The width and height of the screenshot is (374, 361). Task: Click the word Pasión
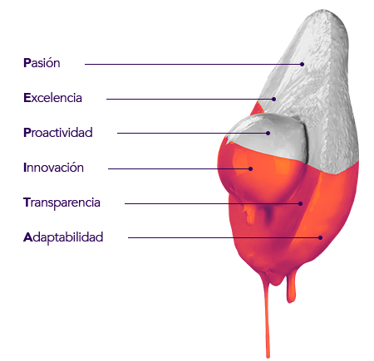pos(42,63)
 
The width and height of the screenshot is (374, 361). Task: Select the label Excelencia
pos(52,98)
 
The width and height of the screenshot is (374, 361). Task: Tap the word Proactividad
pos(58,133)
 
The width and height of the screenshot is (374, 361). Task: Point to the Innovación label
pos(53,168)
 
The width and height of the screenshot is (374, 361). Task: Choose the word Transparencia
pos(62,202)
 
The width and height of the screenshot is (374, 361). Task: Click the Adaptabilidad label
pos(63,237)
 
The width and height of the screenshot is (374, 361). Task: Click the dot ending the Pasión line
pos(302,64)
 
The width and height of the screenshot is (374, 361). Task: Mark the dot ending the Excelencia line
pos(273,99)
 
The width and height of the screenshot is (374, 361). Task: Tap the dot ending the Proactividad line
pos(268,133)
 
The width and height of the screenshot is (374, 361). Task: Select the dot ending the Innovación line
pos(250,168)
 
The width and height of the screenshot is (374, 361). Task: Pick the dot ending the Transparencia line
pos(300,203)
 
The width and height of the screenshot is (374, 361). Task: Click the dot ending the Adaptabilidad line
pos(320,237)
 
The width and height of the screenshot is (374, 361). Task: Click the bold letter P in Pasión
pos(27,63)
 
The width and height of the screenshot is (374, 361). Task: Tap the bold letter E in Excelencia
pos(27,98)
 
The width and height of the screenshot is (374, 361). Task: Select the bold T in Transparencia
pos(27,202)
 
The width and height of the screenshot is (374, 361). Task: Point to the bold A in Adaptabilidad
pos(27,237)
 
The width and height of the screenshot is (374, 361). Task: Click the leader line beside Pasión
pos(194,64)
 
